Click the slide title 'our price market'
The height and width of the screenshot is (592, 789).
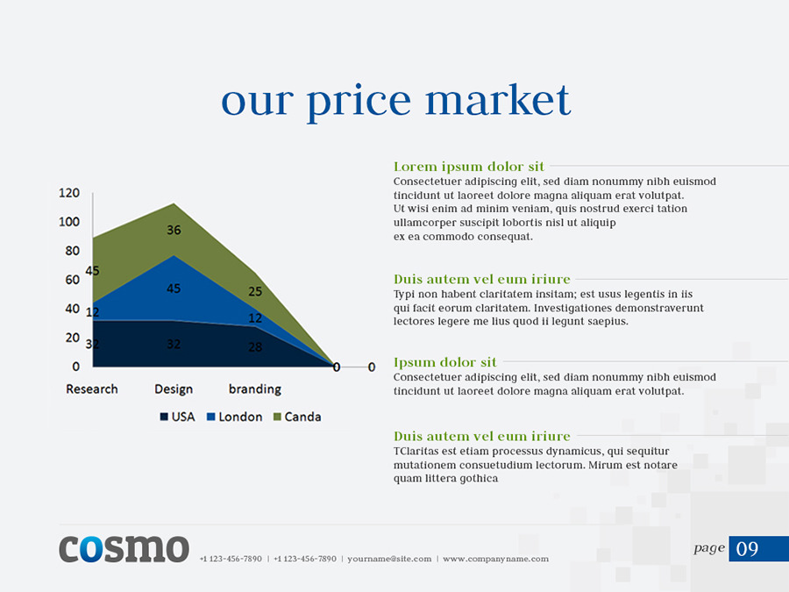pyautogui.click(x=395, y=100)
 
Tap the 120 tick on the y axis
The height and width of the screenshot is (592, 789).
pyautogui.click(x=69, y=193)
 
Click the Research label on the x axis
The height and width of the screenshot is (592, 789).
pyautogui.click(x=92, y=389)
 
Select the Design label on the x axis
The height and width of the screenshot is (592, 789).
pyautogui.click(x=174, y=389)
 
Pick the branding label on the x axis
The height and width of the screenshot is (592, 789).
pyautogui.click(x=255, y=389)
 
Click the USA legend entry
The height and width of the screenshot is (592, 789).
pyautogui.click(x=177, y=417)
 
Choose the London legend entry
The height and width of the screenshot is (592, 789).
pyautogui.click(x=234, y=417)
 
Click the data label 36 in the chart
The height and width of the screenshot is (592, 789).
pyautogui.click(x=174, y=230)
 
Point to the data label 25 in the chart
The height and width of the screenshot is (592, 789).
pyautogui.click(x=255, y=291)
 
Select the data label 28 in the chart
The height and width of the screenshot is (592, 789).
pyautogui.click(x=255, y=346)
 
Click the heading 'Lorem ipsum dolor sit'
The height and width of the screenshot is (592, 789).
pyautogui.click(x=469, y=167)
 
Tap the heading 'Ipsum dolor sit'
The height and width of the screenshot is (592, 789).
pyautogui.click(x=445, y=362)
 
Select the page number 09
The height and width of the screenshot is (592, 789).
pyautogui.click(x=748, y=549)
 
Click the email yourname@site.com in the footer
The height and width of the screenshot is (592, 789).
pyautogui.click(x=389, y=559)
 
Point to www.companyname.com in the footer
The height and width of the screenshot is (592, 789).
pyautogui.click(x=495, y=559)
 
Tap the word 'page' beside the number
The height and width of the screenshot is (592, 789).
pyautogui.click(x=709, y=548)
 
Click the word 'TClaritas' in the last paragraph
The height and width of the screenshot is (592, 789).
pyautogui.click(x=417, y=451)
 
